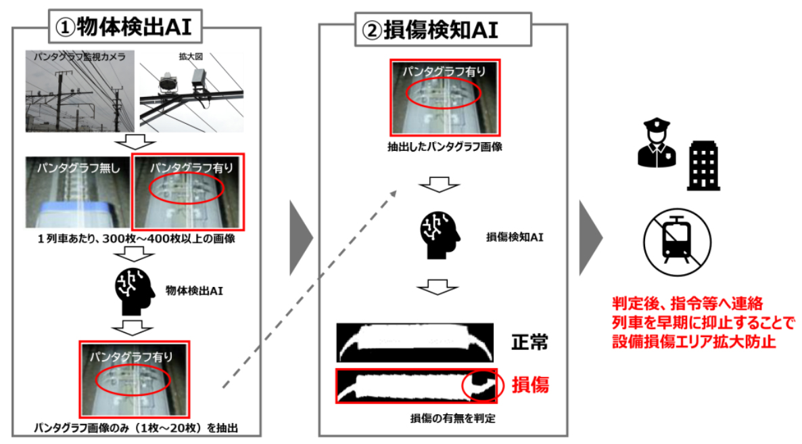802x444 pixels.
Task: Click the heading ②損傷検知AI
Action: click(429, 30)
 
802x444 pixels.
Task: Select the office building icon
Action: click(703, 165)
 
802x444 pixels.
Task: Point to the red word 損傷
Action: click(530, 384)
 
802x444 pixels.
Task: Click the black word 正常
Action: click(529, 342)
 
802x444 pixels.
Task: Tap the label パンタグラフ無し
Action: click(78, 168)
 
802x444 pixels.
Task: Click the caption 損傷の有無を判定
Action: click(452, 418)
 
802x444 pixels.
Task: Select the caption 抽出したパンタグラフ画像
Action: click(444, 147)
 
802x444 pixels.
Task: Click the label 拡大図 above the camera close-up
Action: click(191, 56)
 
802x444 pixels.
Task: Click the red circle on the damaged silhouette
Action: click(479, 385)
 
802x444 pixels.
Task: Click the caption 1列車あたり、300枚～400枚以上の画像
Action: click(136, 239)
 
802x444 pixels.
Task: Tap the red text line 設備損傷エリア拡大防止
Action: click(694, 342)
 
